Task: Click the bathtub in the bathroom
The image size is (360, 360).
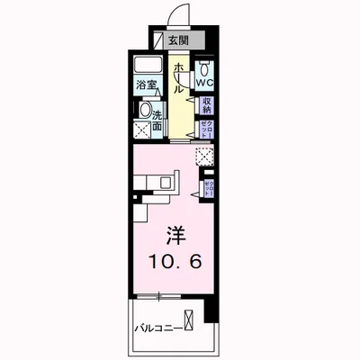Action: [148, 68]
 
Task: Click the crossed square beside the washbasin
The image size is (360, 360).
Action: [140, 130]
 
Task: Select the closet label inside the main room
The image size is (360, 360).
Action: [208, 188]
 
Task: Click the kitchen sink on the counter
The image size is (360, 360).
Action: [165, 182]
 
